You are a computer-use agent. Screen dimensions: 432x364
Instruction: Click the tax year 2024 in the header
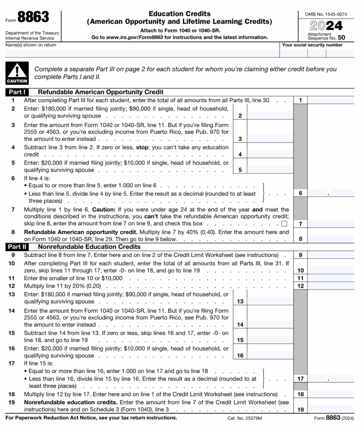(326, 26)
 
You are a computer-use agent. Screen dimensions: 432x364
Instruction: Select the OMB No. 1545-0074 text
(326, 14)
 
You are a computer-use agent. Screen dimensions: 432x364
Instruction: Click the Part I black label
(16, 92)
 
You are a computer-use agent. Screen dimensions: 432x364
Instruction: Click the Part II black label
(16, 247)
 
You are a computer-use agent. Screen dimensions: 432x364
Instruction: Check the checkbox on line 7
(284, 224)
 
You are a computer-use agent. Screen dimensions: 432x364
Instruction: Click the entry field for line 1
(331, 100)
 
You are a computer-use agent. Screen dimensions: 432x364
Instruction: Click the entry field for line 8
(331, 239)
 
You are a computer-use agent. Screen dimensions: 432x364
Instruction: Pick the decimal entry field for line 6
(331, 193)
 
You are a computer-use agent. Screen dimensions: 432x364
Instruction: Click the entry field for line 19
(331, 409)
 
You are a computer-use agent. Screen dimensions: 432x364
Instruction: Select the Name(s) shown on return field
(142, 54)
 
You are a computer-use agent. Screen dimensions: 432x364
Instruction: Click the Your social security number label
(312, 45)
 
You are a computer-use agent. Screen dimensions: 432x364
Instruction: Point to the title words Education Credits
(179, 14)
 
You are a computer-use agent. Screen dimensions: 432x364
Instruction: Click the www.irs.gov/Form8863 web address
(129, 37)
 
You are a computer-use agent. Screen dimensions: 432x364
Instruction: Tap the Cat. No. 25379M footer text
(245, 418)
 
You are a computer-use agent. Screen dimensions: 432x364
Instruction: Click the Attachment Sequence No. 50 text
(326, 36)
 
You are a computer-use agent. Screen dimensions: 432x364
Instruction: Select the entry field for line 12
(331, 286)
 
